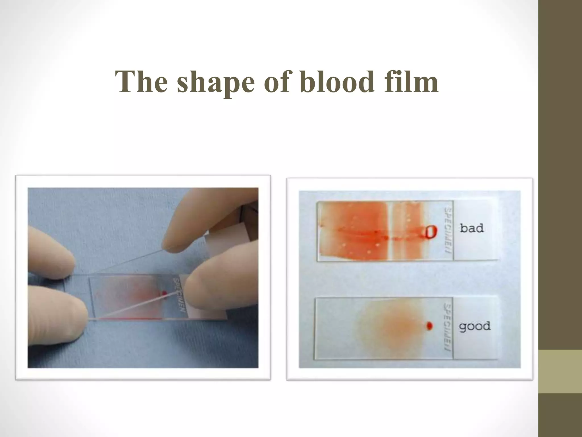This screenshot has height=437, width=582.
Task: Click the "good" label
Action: (475, 326)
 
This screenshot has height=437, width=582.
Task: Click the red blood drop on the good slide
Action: (429, 325)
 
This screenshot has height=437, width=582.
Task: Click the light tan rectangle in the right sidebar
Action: (560, 371)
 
